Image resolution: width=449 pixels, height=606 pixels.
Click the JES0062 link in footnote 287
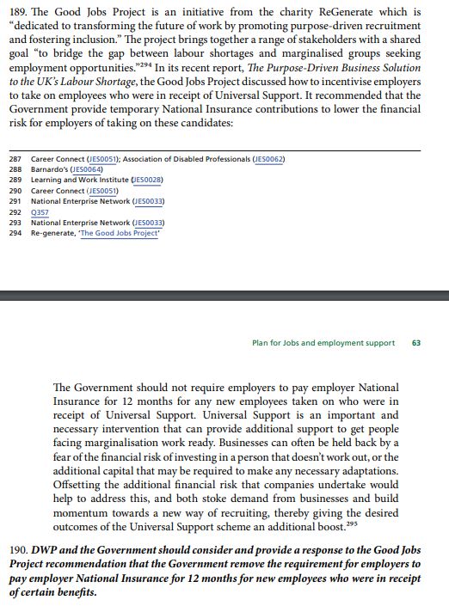click(x=268, y=160)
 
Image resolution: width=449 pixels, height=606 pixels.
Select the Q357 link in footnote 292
click(x=40, y=211)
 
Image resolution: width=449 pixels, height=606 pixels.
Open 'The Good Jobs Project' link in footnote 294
click(x=120, y=232)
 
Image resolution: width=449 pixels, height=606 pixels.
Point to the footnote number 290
click(x=15, y=190)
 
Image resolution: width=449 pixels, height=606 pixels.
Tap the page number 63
click(x=415, y=342)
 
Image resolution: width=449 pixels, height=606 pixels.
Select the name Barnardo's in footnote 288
click(x=51, y=169)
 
